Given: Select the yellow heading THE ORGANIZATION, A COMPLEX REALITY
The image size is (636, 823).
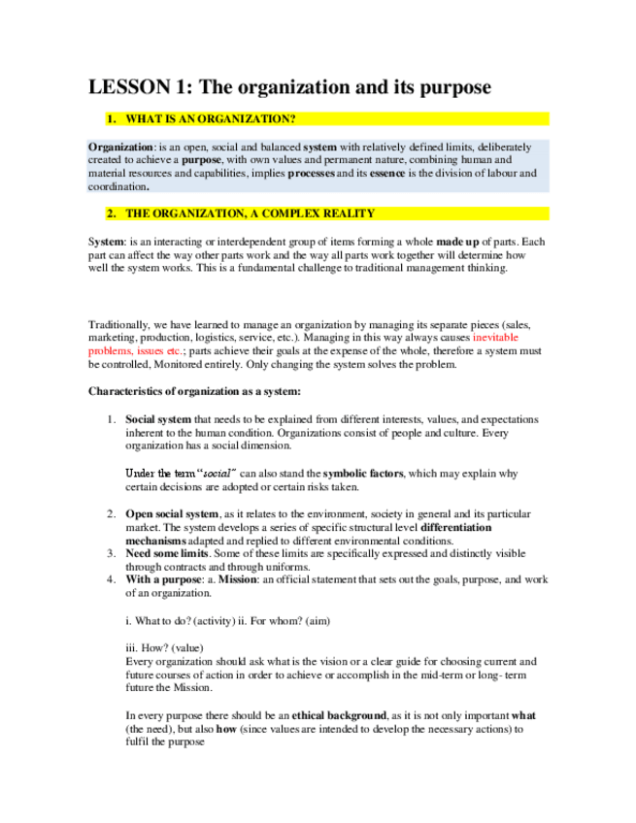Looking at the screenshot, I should coord(250,214).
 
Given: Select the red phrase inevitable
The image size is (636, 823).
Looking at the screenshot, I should coord(504,337).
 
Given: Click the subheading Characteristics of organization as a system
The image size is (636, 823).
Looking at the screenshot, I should coord(195,392).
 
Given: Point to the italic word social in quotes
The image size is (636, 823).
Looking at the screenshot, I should coord(216,474).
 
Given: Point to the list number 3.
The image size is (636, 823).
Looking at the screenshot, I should coord(110,553).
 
